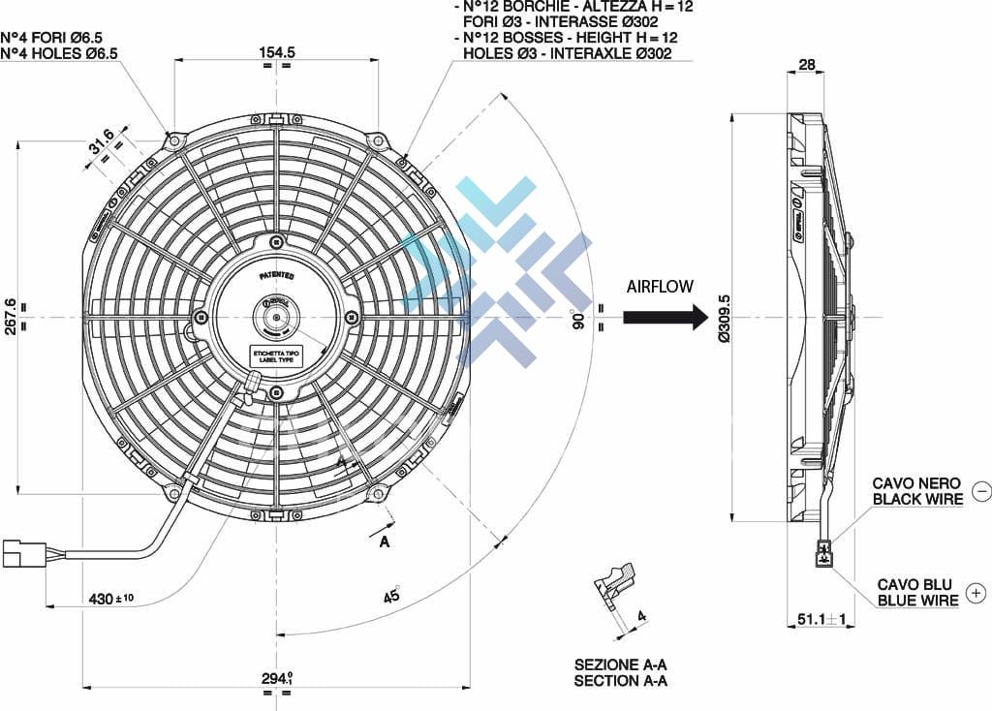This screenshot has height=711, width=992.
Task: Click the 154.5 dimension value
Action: (276, 52)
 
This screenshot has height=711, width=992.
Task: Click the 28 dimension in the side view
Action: (806, 66)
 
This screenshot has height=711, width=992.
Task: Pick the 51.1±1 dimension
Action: (821, 619)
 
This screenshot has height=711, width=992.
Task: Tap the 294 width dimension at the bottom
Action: (276, 678)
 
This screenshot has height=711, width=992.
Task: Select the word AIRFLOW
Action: (660, 287)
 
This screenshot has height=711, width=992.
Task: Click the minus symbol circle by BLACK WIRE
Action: (979, 491)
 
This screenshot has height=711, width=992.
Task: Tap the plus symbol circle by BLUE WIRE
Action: (976, 593)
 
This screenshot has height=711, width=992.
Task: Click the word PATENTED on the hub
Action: (277, 276)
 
